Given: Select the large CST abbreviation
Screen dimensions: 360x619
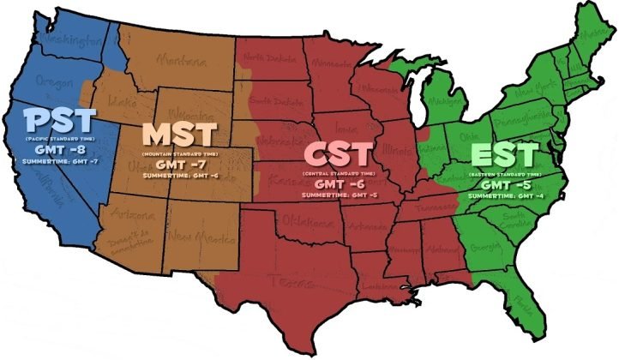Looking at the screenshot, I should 338,156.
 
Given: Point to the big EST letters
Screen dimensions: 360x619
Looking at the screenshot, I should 504,157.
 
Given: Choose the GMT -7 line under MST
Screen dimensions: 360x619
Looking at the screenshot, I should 181,164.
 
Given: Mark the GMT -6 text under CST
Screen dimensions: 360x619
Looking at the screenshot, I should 338,183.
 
